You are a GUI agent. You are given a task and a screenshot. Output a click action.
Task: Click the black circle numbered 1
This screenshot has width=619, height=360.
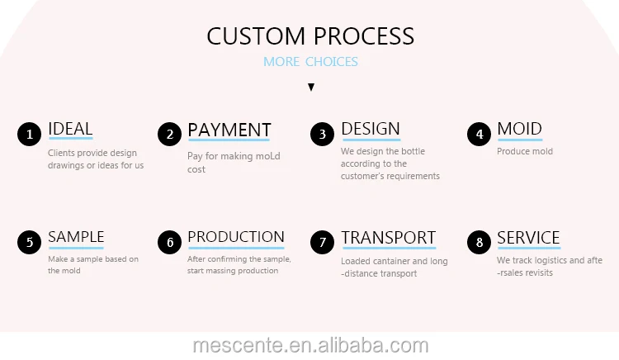pos(30,134)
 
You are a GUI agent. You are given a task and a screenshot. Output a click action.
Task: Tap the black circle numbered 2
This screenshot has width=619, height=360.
pos(170,134)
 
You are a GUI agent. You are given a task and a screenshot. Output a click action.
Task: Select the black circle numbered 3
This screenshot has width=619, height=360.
pos(323,134)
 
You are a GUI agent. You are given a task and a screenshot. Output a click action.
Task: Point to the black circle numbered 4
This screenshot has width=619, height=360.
pos(480,134)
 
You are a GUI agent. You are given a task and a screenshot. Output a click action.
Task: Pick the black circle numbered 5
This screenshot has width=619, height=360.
pos(30,242)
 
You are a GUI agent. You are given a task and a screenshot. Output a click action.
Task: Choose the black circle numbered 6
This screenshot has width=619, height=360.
pos(170,242)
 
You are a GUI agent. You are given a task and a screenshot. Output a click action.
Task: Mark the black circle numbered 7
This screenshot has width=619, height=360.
pos(323,242)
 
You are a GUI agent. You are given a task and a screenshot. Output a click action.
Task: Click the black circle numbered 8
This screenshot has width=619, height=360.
pos(480,242)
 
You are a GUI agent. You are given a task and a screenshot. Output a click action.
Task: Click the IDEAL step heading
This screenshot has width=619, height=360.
pos(70,129)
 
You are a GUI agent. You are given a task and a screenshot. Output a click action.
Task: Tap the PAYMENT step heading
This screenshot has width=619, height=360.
pos(229,130)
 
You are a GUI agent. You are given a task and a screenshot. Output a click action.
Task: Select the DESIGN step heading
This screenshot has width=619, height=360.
pos(371,129)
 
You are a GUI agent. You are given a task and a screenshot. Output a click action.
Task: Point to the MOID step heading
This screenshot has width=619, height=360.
pos(519,129)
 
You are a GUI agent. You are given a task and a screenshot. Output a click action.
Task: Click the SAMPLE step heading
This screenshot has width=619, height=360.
pos(76,237)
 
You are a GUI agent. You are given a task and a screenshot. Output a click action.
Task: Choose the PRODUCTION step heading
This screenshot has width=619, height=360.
pos(236,237)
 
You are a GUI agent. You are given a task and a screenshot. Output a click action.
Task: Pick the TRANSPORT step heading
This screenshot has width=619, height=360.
pos(388,238)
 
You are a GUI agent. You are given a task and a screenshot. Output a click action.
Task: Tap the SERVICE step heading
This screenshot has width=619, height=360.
pos(528,238)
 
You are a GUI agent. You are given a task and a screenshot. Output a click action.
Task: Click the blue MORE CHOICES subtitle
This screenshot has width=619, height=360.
pos(310,62)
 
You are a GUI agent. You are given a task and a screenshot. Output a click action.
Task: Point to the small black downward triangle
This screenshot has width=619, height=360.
pos(310,87)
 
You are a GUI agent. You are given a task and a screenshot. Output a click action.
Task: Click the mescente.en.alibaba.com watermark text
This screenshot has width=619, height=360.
pos(310,345)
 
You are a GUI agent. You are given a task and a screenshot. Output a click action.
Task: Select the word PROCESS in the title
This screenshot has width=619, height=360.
pos(363,36)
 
